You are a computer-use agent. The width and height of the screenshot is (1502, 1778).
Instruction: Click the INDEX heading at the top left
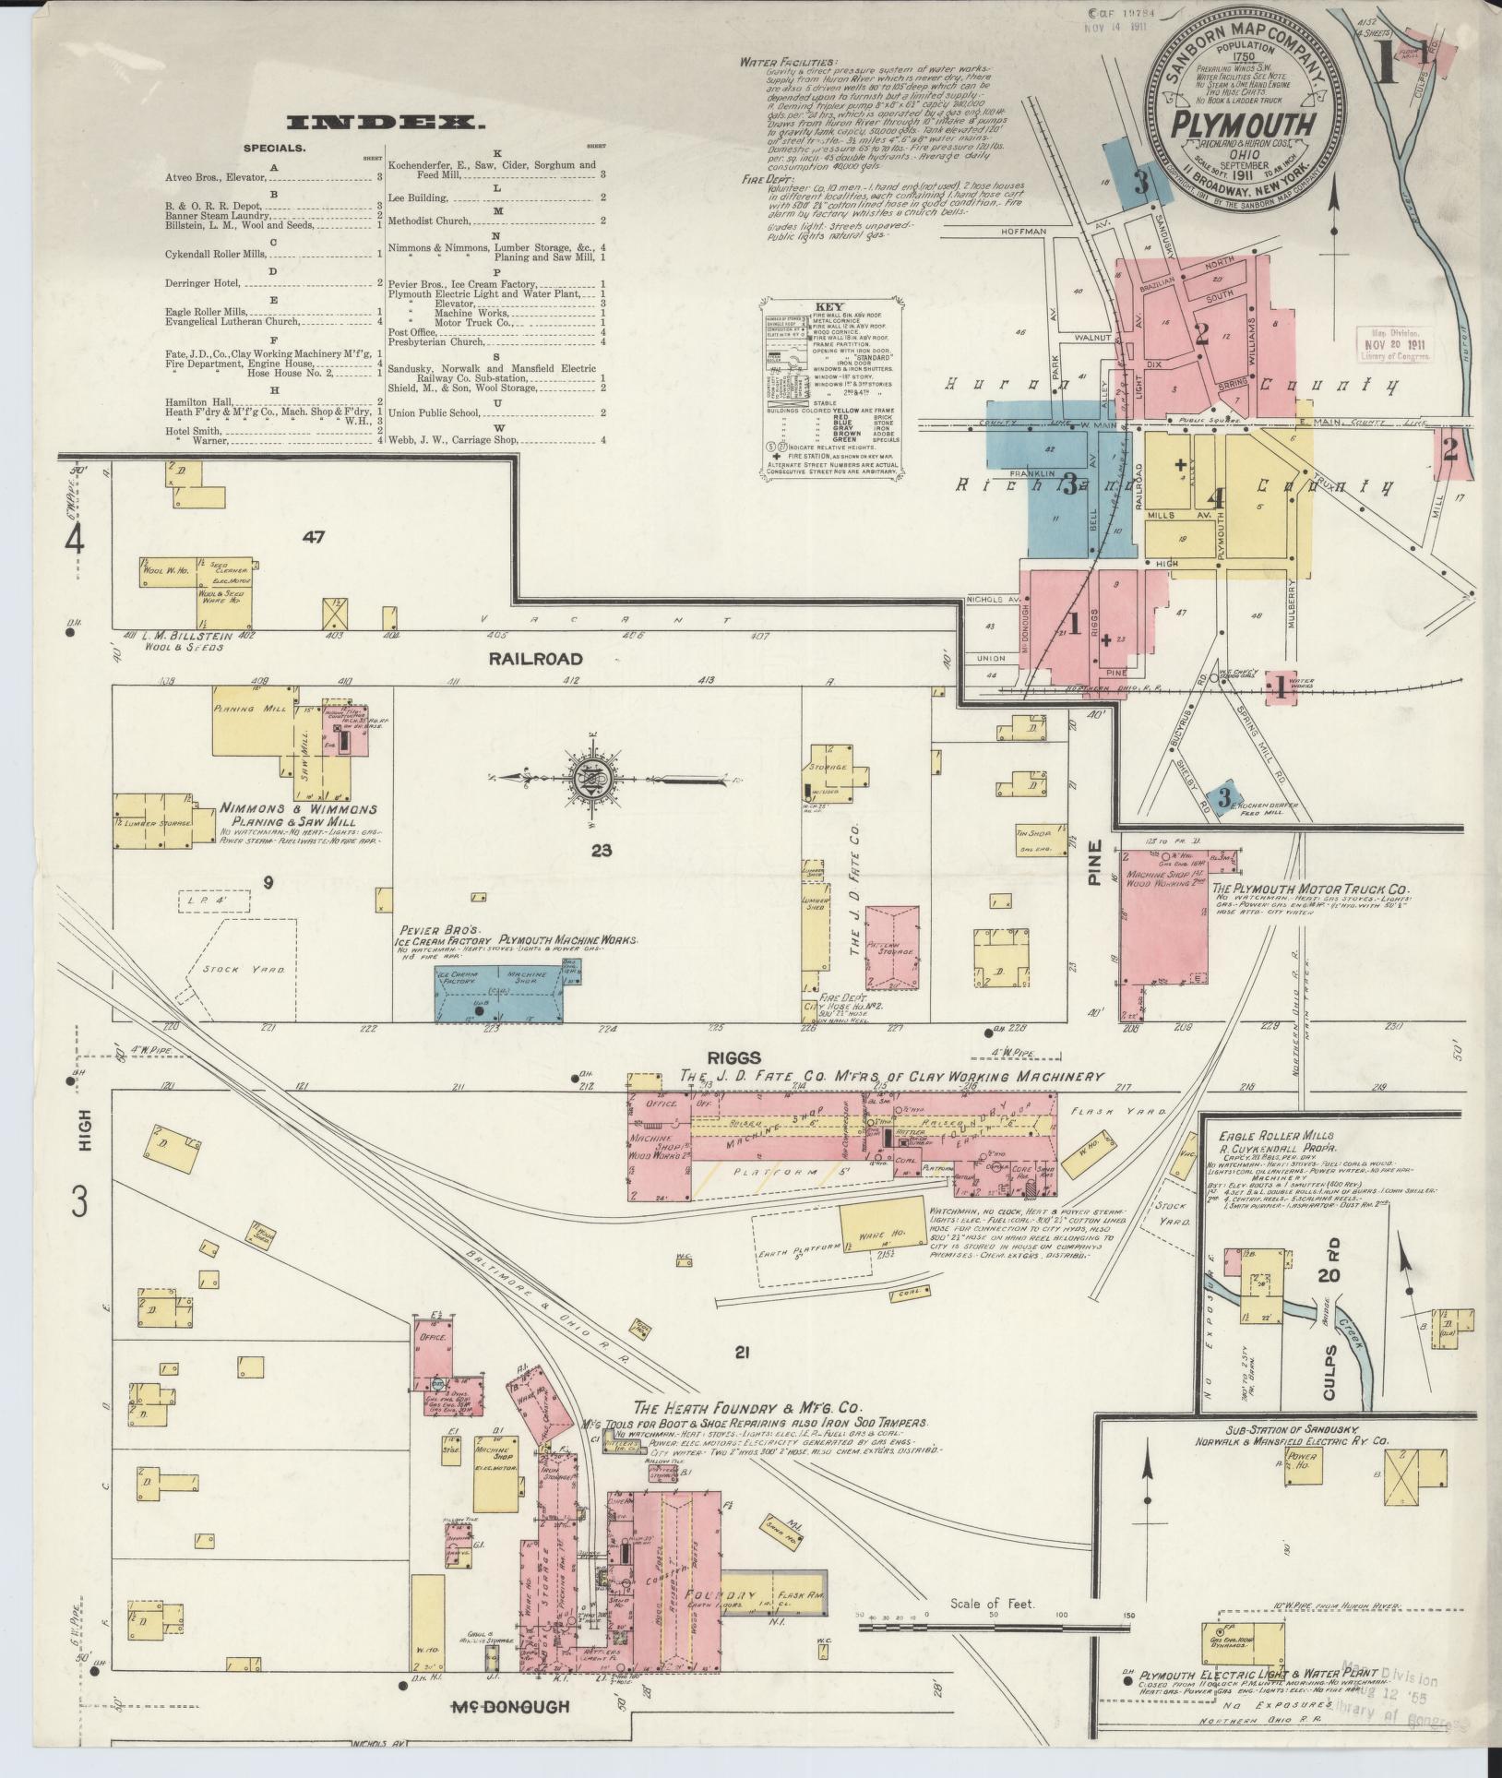(x=386, y=123)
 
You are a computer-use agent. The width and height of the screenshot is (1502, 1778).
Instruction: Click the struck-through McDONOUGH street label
(x=509, y=1707)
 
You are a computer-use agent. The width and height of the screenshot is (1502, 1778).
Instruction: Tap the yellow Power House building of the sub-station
(x=1307, y=1496)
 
